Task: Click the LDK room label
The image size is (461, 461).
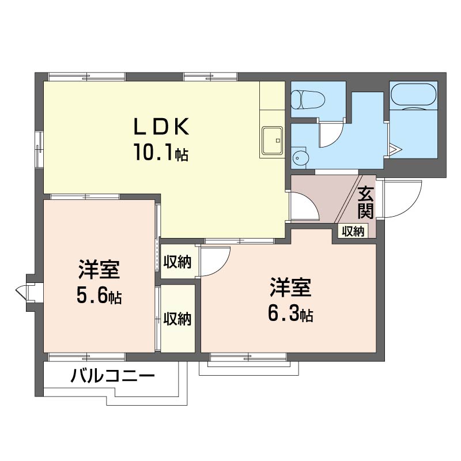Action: point(161,126)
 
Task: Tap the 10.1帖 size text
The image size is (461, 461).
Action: point(161,153)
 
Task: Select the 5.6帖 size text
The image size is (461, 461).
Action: point(99,296)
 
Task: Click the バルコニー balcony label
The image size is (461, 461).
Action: point(113,377)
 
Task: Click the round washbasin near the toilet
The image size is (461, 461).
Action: point(300,157)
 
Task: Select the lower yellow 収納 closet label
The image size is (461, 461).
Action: point(177,319)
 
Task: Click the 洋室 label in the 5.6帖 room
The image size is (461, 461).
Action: point(99,270)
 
